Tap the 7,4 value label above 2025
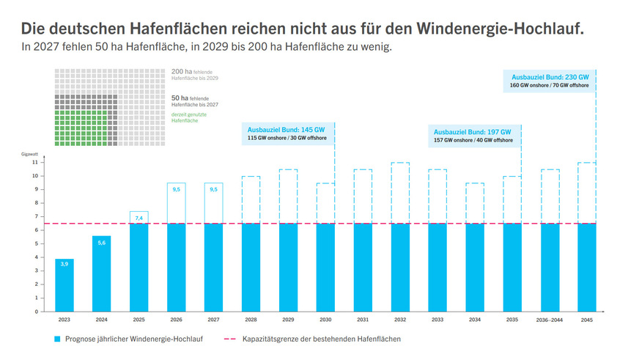click(139, 218)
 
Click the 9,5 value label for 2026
click(176, 189)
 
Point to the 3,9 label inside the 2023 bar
click(64, 263)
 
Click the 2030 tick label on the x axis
click(325, 320)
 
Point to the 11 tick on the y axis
click(34, 163)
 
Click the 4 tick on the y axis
click(35, 257)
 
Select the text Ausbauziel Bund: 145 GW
click(286, 128)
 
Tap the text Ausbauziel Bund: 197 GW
click(473, 130)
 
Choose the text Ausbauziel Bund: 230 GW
click(550, 76)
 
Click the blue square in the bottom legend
click(57, 339)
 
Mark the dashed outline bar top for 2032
click(400, 163)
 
